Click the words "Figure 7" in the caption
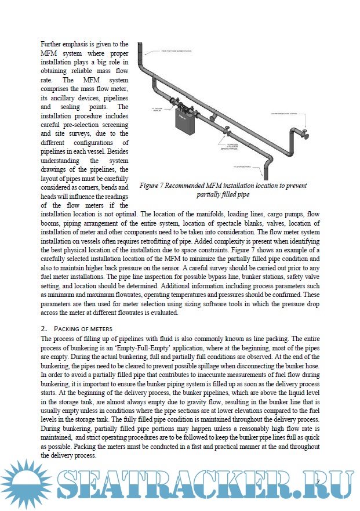click(x=153, y=186)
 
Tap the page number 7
click(x=318, y=482)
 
